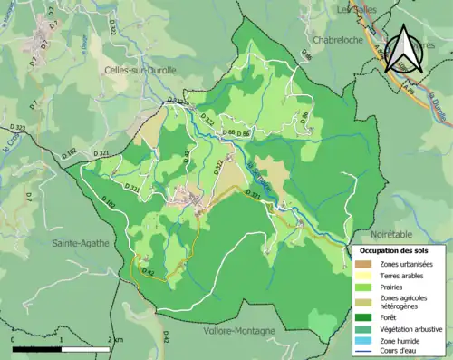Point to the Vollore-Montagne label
tap(239, 331)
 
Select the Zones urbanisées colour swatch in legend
tap(364, 263)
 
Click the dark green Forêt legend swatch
tap(364, 316)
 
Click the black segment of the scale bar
tap(37, 346)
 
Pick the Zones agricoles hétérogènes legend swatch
tap(364, 301)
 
